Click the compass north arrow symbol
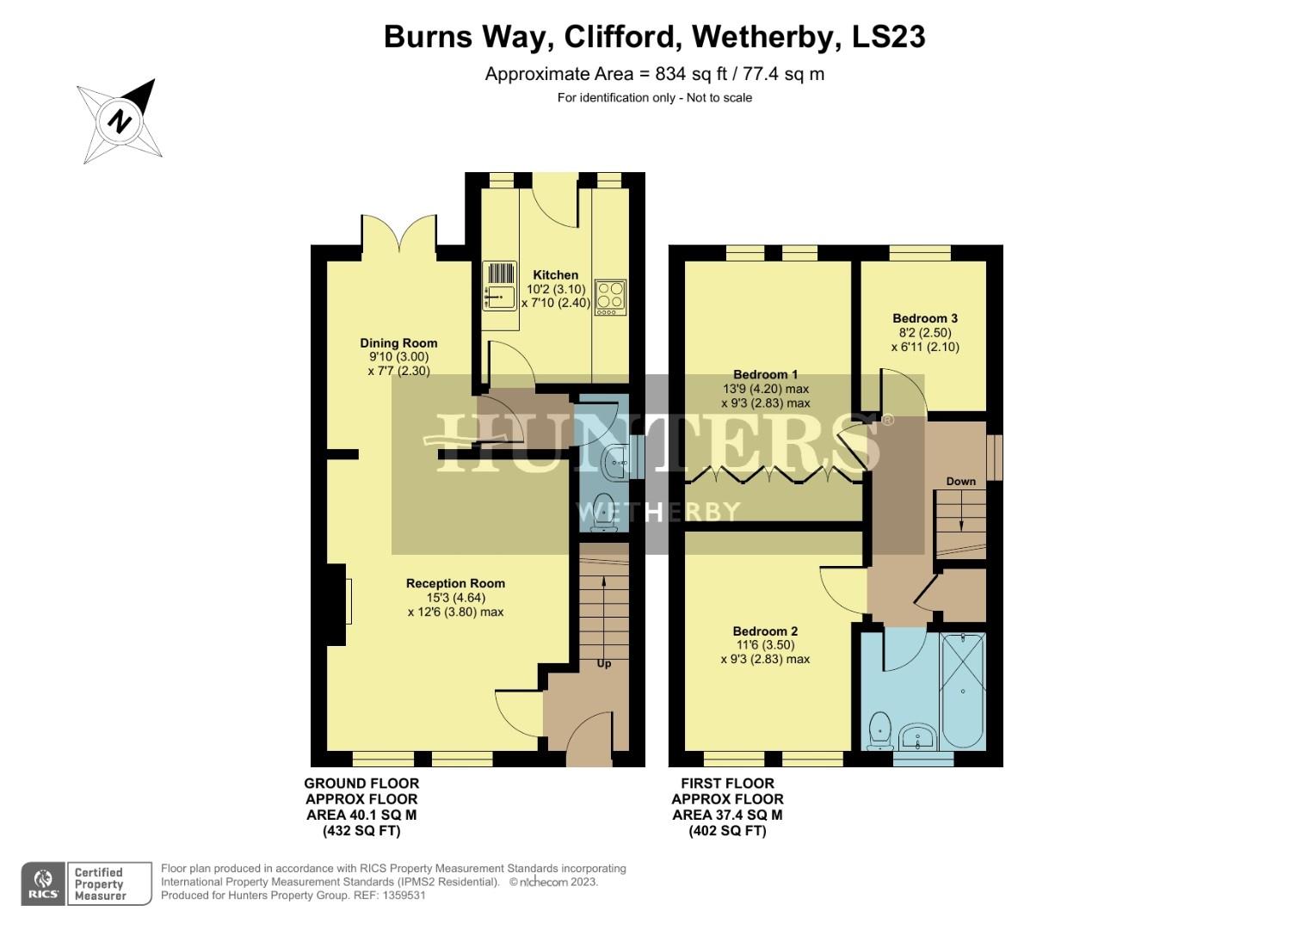pos(121,120)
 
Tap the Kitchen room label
pos(555,275)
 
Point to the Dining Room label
pos(398,343)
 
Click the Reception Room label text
pos(455,583)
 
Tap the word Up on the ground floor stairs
pos(604,663)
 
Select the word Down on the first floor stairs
pos(960,481)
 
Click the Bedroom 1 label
pos(765,374)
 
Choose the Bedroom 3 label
pos(924,318)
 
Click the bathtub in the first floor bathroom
pos(963,691)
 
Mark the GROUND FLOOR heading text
pos(361,784)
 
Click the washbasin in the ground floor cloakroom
pos(617,465)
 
